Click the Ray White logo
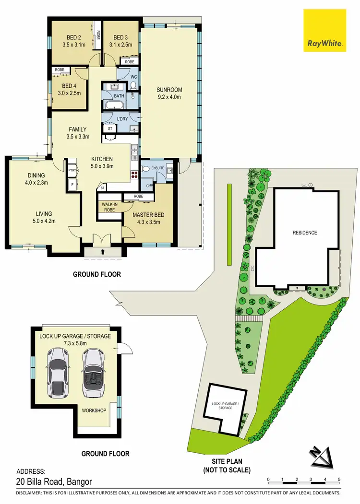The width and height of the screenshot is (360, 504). click(x=324, y=31)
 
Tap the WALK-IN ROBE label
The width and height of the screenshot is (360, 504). click(x=109, y=206)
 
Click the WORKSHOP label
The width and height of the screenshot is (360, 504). click(x=94, y=410)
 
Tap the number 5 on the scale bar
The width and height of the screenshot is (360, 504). click(x=339, y=480)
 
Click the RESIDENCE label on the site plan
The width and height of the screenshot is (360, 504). click(x=305, y=233)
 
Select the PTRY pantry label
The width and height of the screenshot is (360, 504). click(x=72, y=170)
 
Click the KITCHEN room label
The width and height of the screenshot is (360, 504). click(x=102, y=159)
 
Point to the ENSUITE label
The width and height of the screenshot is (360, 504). click(x=157, y=169)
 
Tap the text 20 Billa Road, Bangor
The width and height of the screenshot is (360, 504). click(x=54, y=482)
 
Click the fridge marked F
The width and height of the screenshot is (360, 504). click(x=72, y=184)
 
